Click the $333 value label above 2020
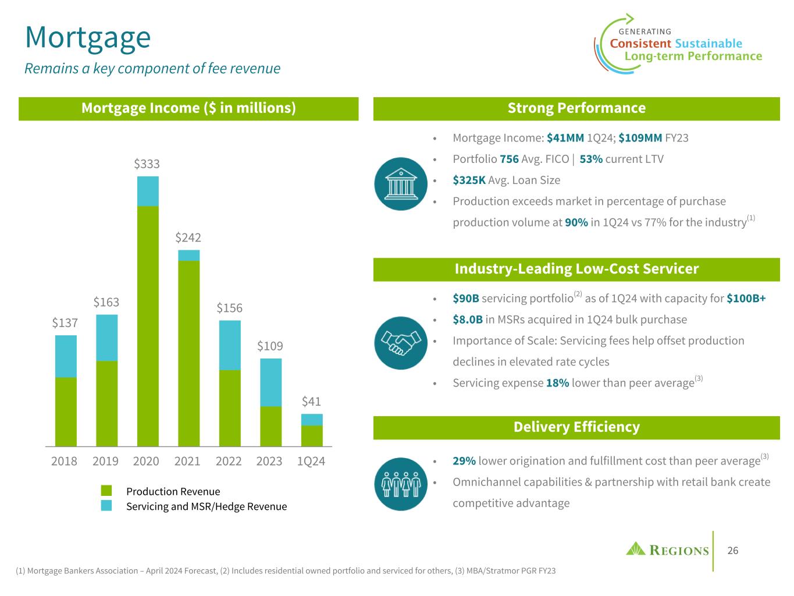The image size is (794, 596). (x=147, y=164)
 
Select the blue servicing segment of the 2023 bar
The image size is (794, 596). (x=270, y=382)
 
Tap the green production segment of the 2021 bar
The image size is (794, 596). (x=188, y=353)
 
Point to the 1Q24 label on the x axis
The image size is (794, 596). (x=311, y=461)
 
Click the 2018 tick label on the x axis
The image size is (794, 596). (x=64, y=461)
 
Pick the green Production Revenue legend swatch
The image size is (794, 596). (x=106, y=491)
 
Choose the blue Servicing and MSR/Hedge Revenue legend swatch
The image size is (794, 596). (x=106, y=506)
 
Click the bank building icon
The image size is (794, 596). (x=401, y=183)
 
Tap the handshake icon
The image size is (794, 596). (x=401, y=342)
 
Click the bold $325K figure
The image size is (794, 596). (x=469, y=180)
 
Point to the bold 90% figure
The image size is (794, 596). (x=576, y=222)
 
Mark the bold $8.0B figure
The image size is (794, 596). (x=468, y=320)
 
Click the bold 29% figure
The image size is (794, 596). (x=464, y=461)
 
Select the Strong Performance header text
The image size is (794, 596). (x=576, y=108)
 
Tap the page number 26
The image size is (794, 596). (x=733, y=551)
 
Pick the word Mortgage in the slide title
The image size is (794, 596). (x=88, y=37)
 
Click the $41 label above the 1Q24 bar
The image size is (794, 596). (x=311, y=402)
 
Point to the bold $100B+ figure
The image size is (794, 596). (x=746, y=299)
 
